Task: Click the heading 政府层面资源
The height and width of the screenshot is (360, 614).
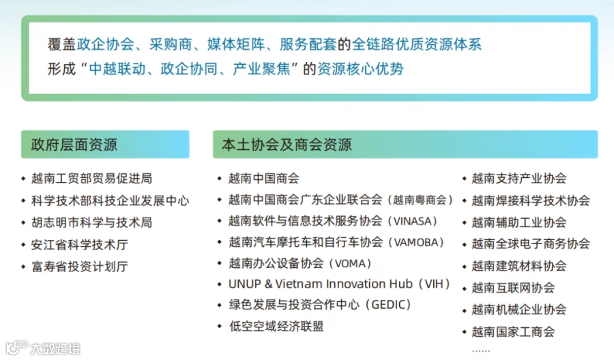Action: [74, 145]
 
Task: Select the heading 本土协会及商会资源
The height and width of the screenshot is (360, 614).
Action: [287, 145]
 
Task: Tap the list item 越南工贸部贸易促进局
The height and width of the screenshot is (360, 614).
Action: [91, 179]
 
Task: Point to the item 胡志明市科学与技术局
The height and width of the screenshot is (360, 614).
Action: [91, 223]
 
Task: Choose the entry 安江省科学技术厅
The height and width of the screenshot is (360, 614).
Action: [80, 245]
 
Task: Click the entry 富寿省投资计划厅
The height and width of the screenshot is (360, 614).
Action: [80, 267]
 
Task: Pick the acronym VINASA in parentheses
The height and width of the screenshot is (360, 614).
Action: [415, 222]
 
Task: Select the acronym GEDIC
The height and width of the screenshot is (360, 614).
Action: [388, 305]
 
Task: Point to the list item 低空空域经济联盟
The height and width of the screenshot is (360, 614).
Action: [276, 327]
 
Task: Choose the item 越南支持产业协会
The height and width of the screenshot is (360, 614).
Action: [519, 179]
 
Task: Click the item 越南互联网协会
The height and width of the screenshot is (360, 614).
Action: [513, 288]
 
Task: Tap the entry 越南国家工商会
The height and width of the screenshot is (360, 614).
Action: [513, 332]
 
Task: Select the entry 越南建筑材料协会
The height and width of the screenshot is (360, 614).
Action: [519, 266]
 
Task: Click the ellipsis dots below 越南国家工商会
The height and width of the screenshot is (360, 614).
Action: [481, 351]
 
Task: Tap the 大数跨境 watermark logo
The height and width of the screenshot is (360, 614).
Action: [43, 348]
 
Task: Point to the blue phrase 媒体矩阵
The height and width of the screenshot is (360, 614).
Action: [236, 44]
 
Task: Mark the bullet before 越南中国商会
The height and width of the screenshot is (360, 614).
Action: [220, 179]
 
